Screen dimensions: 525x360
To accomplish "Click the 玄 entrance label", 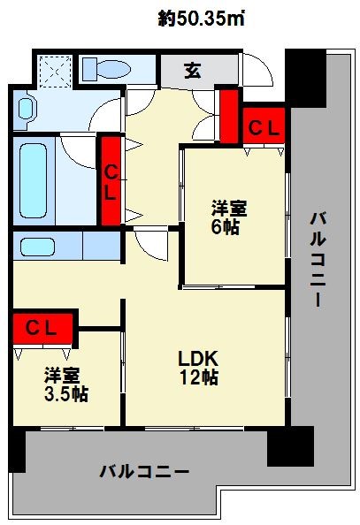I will [x=192, y=70].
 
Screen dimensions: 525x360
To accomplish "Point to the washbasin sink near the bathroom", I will [x=27, y=110].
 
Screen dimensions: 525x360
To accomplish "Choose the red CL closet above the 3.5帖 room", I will [x=42, y=329].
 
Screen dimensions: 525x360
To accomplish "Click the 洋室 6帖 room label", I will [x=228, y=218].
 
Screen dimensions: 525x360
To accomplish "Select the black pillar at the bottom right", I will [x=290, y=446].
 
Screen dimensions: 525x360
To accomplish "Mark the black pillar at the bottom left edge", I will [x=14, y=451].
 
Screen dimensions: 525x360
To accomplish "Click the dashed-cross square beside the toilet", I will [x=57, y=69].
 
